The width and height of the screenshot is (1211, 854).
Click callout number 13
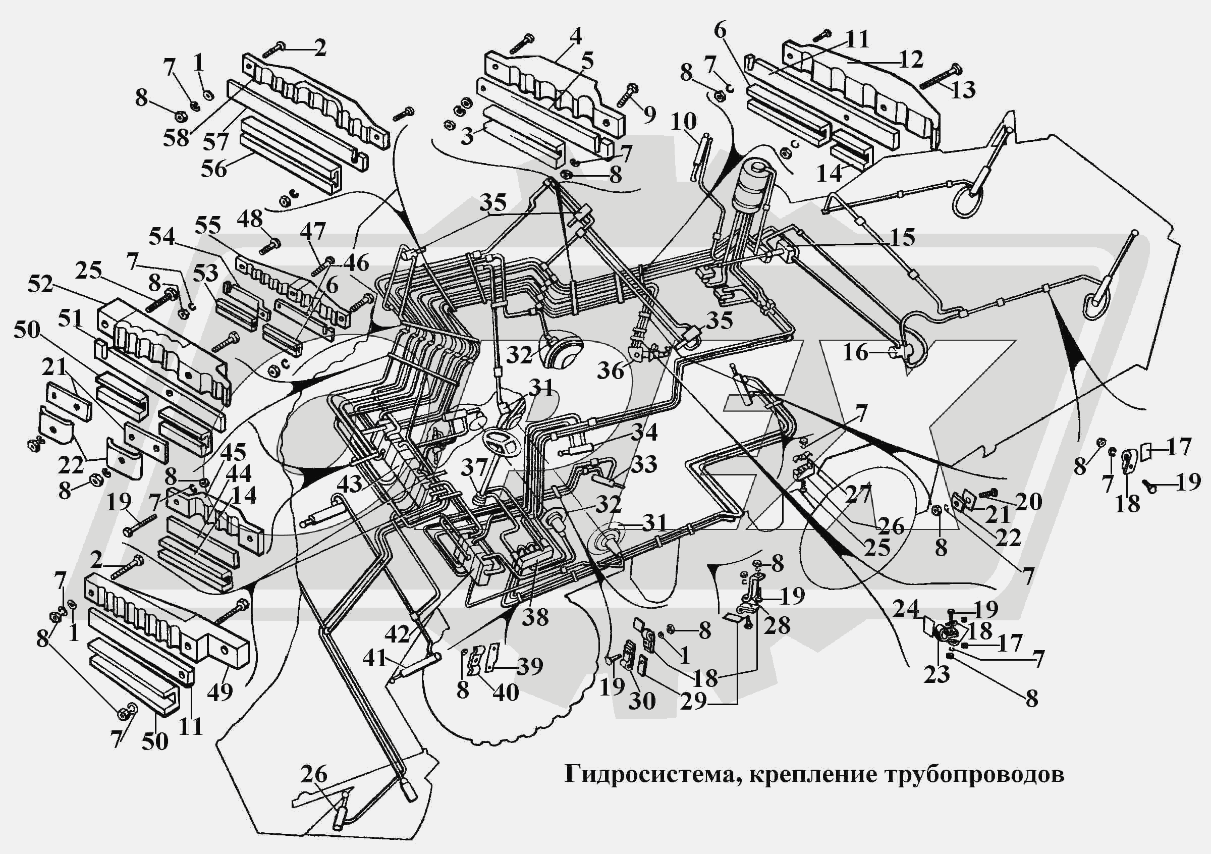[x=963, y=90]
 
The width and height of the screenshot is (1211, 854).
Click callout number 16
[x=855, y=352]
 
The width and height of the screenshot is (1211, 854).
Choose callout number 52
[x=40, y=285]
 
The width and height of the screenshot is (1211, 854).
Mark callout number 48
[x=249, y=219]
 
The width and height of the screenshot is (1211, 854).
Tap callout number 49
[x=220, y=690]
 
